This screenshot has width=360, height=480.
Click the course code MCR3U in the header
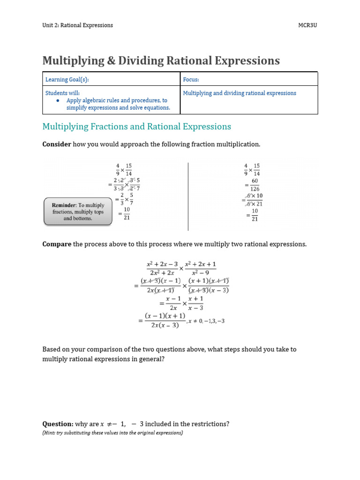tap(308, 25)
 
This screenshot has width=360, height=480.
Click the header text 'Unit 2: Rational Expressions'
tap(77, 25)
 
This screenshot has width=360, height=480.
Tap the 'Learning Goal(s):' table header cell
tap(67, 80)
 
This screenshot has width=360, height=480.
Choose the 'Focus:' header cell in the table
tap(191, 80)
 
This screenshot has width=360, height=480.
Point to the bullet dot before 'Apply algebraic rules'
tap(58, 101)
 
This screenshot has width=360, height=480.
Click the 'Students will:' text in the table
tap(62, 93)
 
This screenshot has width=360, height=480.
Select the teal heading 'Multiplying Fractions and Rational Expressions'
tap(136, 127)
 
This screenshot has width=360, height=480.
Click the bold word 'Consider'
tap(57, 144)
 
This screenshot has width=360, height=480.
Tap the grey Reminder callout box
tap(78, 212)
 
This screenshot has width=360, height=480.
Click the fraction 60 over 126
tap(255, 185)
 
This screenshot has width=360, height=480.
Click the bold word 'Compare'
tap(57, 244)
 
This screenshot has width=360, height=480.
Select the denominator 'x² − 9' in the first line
tap(200, 273)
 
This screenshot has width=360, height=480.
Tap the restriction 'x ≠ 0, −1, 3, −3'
tap(206, 321)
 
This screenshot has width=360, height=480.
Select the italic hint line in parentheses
tap(112, 433)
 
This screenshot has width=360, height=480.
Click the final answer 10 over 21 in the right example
tap(255, 215)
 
